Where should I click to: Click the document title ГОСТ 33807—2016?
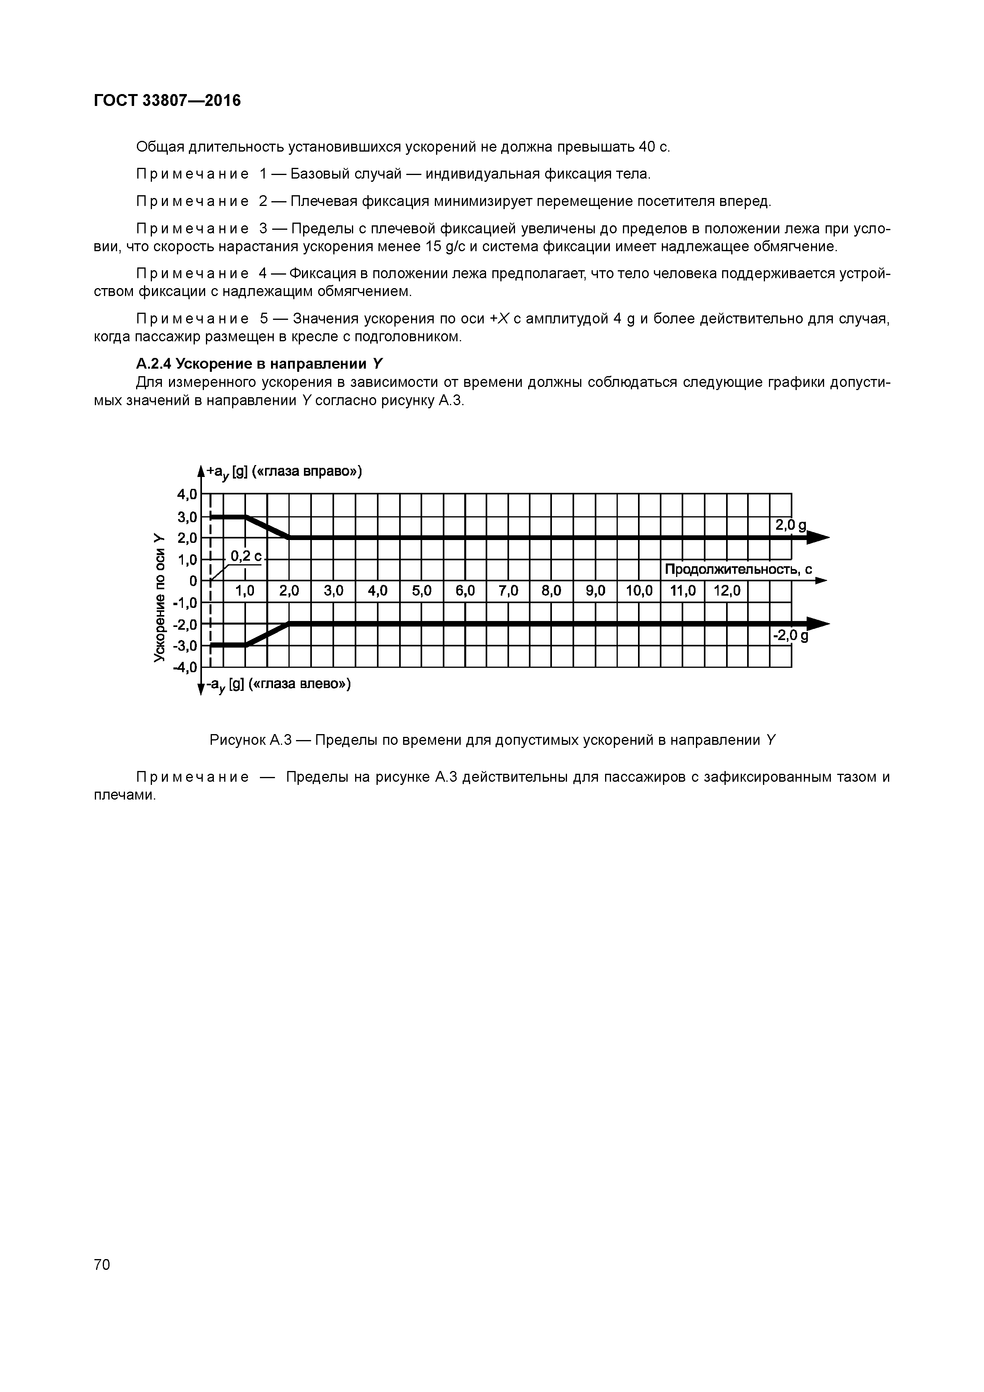167,101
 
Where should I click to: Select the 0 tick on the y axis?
193,581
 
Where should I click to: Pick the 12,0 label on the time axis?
726,590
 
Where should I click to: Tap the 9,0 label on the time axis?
596,590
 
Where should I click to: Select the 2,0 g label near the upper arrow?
791,526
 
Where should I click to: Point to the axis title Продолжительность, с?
738,569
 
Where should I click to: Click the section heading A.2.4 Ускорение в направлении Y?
259,364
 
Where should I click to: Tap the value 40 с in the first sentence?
654,147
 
